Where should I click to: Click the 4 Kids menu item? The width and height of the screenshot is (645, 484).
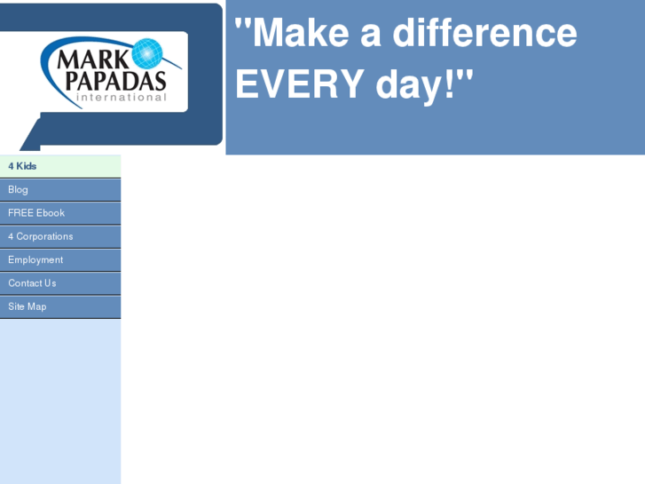[59, 166]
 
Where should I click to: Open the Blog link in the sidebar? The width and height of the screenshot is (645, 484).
[59, 189]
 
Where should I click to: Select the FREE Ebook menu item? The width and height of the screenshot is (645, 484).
[59, 213]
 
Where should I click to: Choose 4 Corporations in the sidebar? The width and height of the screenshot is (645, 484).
[59, 236]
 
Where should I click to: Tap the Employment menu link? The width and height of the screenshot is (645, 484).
[59, 259]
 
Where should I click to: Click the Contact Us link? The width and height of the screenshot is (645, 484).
[59, 283]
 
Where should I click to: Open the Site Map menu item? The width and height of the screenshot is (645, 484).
[59, 306]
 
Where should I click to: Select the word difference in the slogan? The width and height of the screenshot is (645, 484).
[484, 34]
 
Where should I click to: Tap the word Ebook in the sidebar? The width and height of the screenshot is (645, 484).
[51, 213]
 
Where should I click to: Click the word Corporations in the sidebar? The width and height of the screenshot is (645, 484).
[44, 236]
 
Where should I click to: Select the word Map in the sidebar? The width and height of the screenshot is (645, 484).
[37, 306]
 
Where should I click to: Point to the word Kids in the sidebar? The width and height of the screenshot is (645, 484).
[27, 166]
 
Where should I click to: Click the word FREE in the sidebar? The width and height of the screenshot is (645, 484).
[20, 213]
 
